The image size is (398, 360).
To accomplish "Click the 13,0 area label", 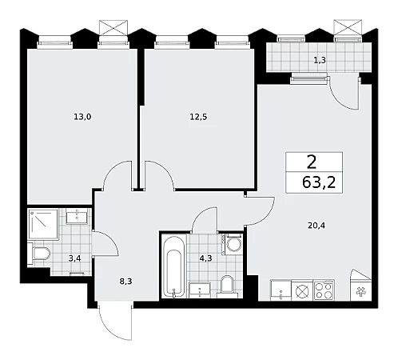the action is pyautogui.click(x=82, y=117).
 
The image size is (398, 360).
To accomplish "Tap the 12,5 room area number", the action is pyautogui.click(x=198, y=117).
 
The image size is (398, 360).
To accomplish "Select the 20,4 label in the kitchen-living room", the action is pyautogui.click(x=316, y=226).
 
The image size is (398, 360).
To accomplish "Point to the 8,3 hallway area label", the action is pyautogui.click(x=125, y=281).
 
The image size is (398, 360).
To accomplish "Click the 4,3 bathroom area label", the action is pyautogui.click(x=205, y=258).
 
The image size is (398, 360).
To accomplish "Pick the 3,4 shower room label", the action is pyautogui.click(x=74, y=258).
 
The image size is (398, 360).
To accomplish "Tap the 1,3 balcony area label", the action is pyautogui.click(x=320, y=60).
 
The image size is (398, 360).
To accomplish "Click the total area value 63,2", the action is pyautogui.click(x=319, y=182).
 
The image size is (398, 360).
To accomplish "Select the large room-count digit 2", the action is pyautogui.click(x=312, y=162).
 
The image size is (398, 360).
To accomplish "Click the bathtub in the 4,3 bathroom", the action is pyautogui.click(x=173, y=266).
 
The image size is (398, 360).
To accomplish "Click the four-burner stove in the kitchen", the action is pyautogui.click(x=324, y=290).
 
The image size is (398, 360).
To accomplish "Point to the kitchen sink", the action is pyautogui.click(x=281, y=290).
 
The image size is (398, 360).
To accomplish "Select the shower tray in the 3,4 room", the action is pyautogui.click(x=43, y=224).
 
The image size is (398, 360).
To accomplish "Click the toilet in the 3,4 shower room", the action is pyautogui.click(x=40, y=254).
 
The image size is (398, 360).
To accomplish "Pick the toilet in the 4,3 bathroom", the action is pyautogui.click(x=227, y=286).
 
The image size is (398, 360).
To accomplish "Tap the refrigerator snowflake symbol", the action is pyautogui.click(x=361, y=291).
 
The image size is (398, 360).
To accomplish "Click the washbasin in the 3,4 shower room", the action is pyautogui.click(x=77, y=216).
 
